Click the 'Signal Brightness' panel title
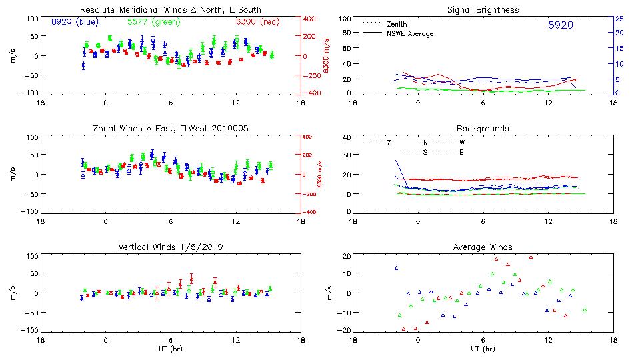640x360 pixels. pos(483,10)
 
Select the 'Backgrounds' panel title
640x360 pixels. pos(483,128)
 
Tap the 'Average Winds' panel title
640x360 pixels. pos(483,247)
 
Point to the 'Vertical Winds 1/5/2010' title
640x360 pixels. pos(171,247)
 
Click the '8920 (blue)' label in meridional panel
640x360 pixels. pos(75,22)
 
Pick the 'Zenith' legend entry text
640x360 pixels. pos(397,24)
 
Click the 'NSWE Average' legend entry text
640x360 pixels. pos(409,33)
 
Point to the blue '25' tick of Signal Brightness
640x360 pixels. pos(619,19)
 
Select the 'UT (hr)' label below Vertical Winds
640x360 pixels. pos(171,349)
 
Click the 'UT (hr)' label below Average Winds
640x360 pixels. pos(483,349)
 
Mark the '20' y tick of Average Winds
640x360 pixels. pos(346,256)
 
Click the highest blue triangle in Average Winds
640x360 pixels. pos(396,268)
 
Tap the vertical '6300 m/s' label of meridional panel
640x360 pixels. pos(326,56)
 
